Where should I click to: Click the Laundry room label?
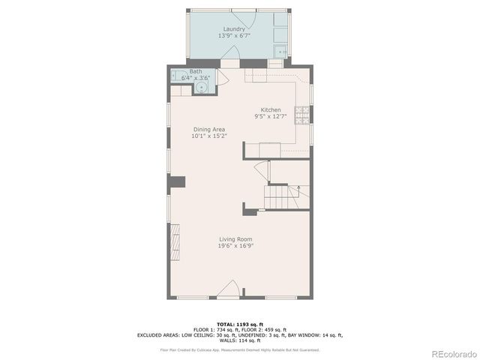click(x=234, y=29)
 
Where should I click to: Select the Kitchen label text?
click(x=271, y=109)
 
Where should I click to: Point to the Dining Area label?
click(x=208, y=129)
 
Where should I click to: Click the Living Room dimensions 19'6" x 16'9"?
click(x=235, y=245)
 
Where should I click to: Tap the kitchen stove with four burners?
click(x=304, y=115)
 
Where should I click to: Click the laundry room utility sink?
click(x=280, y=52)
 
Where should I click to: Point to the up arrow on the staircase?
click(x=298, y=187)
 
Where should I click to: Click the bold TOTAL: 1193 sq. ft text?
click(x=240, y=323)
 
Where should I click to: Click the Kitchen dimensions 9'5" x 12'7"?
click(x=271, y=116)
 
